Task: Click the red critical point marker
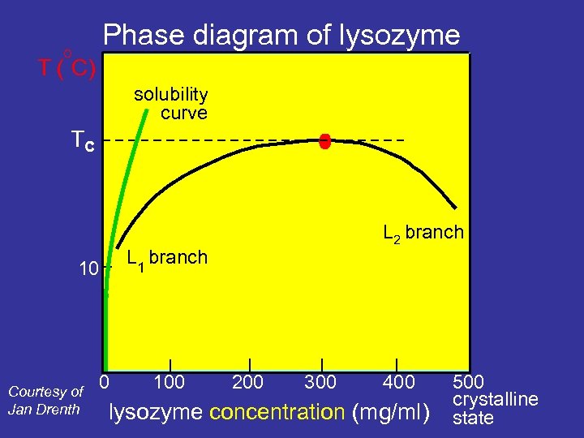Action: [x=325, y=142]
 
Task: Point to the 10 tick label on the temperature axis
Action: [x=88, y=268]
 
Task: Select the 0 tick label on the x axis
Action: [x=105, y=380]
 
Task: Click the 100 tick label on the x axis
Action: [x=169, y=381]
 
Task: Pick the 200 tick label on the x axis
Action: [x=248, y=381]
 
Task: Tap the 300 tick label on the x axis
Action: [x=320, y=381]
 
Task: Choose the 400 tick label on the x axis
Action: [x=397, y=381]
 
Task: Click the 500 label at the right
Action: [x=468, y=381]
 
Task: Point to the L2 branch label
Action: [x=423, y=233]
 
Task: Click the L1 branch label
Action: [x=167, y=258]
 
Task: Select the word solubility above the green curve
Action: [x=170, y=95]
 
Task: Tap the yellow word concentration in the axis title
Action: [x=277, y=412]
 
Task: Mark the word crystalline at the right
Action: [x=496, y=399]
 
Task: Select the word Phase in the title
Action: [x=137, y=35]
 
